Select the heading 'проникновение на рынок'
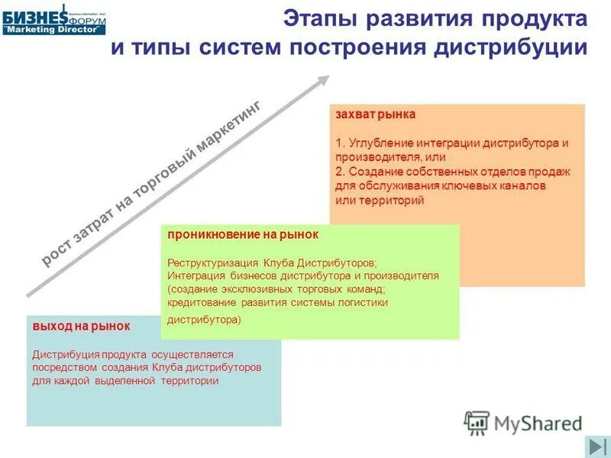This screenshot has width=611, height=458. (243, 235)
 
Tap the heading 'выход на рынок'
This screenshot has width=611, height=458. (81, 326)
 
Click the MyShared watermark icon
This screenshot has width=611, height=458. (477, 423)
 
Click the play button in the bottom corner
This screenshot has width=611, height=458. (595, 447)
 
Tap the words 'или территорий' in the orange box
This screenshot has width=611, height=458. (380, 200)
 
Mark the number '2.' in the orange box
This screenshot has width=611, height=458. (340, 172)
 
